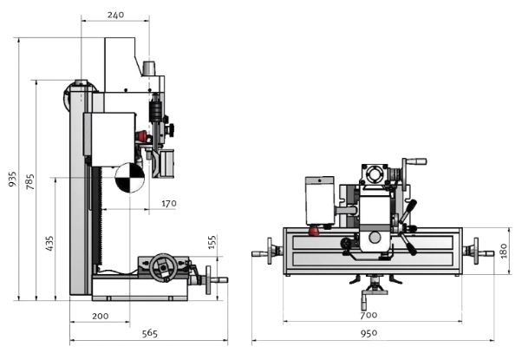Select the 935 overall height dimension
coord(12,179)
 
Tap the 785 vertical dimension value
coord(30,182)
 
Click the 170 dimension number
coord(168,203)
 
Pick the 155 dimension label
coord(212,241)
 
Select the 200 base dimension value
coord(99,316)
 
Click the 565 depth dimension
coord(148,333)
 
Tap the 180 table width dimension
coord(504,251)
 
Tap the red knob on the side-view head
coord(141,135)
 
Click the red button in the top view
coord(313,230)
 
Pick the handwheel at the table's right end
coord(472,252)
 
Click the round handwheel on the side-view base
coord(159,269)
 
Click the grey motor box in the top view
coord(319,200)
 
